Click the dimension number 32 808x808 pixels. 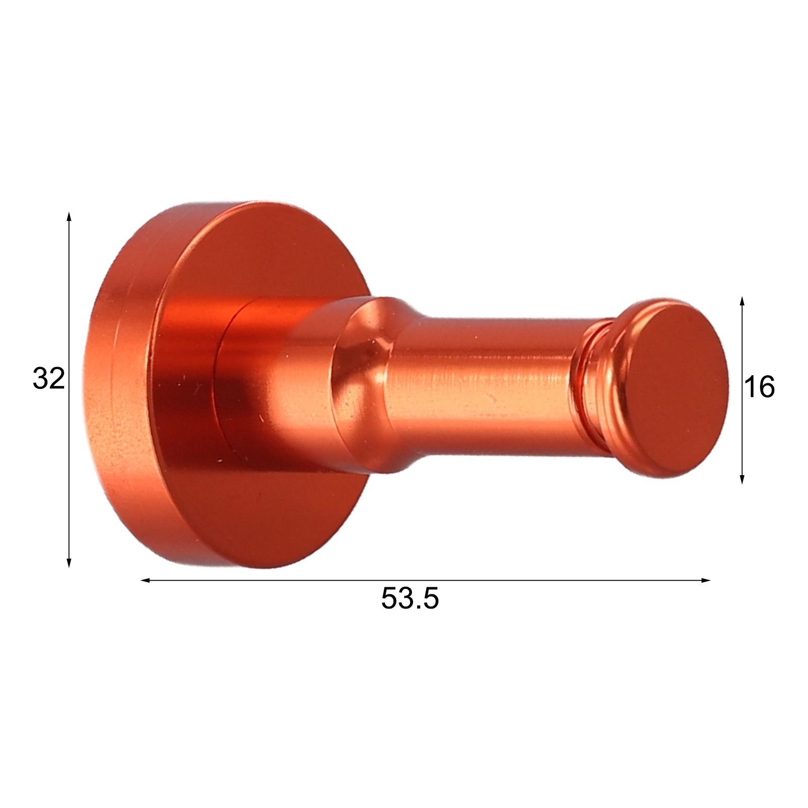pyautogui.click(x=49, y=379)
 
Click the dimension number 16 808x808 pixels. pyautogui.click(x=759, y=388)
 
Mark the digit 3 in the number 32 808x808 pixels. pyautogui.click(x=41, y=379)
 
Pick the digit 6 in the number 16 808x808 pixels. pyautogui.click(x=766, y=388)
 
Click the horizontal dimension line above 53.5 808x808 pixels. pyautogui.click(x=505, y=580)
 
